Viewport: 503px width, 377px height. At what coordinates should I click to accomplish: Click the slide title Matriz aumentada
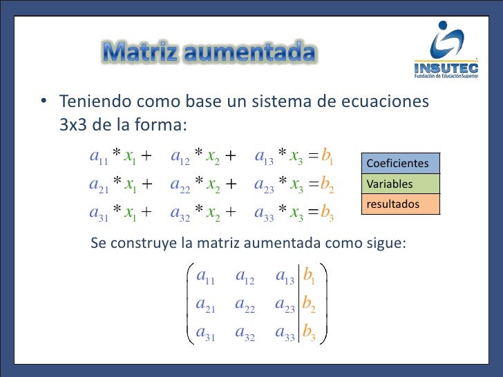(x=210, y=52)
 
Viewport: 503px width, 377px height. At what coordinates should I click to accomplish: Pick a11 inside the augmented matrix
(x=207, y=278)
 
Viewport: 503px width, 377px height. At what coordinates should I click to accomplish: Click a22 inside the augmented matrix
(x=245, y=304)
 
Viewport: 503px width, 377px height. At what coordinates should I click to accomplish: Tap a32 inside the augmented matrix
(x=245, y=333)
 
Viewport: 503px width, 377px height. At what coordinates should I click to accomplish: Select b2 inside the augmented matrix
(x=310, y=304)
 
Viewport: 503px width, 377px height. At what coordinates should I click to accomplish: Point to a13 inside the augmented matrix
(x=285, y=278)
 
